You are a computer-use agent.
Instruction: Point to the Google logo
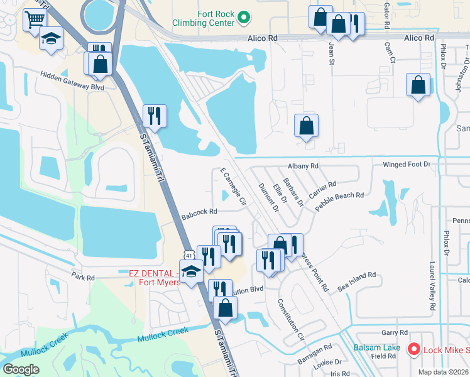click(x=21, y=369)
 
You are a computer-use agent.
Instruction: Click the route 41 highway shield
click(x=189, y=255)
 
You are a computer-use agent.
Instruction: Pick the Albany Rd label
click(x=303, y=166)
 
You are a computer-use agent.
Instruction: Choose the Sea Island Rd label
click(x=356, y=280)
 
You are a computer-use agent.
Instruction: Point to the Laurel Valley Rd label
click(x=432, y=287)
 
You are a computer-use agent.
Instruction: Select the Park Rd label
click(x=82, y=277)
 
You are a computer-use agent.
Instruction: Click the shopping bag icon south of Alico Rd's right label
click(x=418, y=84)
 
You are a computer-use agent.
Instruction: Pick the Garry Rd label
click(x=395, y=332)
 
